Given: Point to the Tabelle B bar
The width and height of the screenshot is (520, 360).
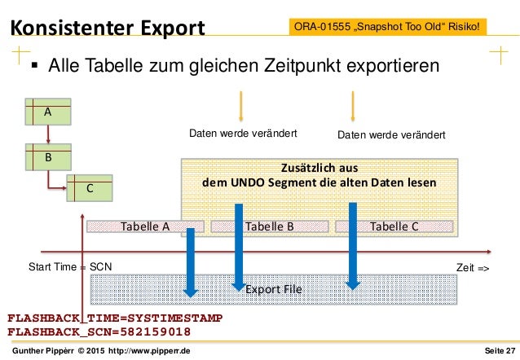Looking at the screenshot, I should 268,226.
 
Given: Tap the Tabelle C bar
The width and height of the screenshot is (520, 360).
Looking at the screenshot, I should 394,226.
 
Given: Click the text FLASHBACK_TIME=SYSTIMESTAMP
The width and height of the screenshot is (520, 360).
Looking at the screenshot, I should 114,318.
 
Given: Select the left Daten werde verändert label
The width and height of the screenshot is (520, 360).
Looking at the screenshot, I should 243,134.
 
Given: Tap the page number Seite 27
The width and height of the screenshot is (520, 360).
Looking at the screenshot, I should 499,351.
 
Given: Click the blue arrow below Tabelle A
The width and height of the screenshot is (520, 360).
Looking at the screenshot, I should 191,261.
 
